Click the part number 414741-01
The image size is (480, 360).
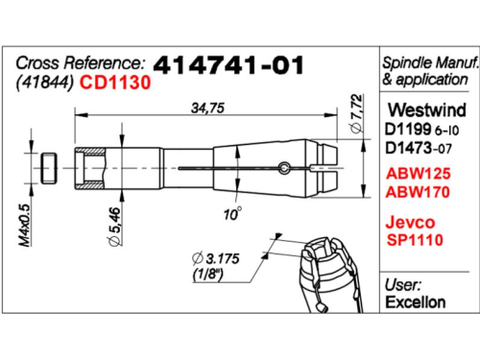tap(228, 65)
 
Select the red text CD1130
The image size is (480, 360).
tap(115, 83)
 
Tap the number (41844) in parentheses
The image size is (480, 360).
tap(45, 83)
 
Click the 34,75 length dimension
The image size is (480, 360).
tap(207, 108)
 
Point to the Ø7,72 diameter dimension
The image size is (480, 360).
tap(357, 113)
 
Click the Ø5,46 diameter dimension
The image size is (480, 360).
tap(115, 227)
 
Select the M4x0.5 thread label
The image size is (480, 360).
tap(25, 225)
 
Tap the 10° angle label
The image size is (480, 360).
tap(232, 214)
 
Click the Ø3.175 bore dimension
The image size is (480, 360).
tap(215, 258)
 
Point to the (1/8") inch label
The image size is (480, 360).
tap(207, 275)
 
